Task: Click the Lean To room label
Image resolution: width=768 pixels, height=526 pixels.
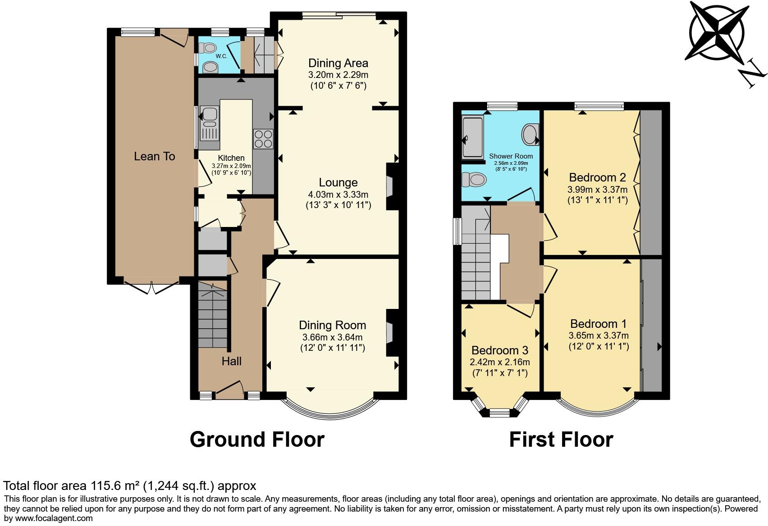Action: tap(154, 156)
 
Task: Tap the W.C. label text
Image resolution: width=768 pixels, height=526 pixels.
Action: tap(221, 56)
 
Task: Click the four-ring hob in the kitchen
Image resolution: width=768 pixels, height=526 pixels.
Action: tap(263, 139)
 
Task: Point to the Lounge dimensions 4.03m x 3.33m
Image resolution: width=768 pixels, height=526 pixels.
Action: tap(338, 195)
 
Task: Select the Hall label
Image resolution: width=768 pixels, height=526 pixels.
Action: tap(231, 361)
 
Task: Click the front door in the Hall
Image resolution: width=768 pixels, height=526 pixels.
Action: tap(230, 390)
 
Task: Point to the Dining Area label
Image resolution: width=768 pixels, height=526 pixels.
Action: tap(338, 63)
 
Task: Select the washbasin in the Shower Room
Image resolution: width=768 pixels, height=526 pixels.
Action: tap(530, 134)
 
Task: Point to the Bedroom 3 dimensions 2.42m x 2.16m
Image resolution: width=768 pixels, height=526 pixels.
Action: tap(499, 362)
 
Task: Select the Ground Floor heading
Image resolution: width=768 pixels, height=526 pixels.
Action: tap(257, 440)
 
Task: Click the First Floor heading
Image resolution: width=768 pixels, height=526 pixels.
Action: tap(561, 440)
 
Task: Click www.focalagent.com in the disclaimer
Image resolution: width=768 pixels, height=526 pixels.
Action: tap(48, 518)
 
